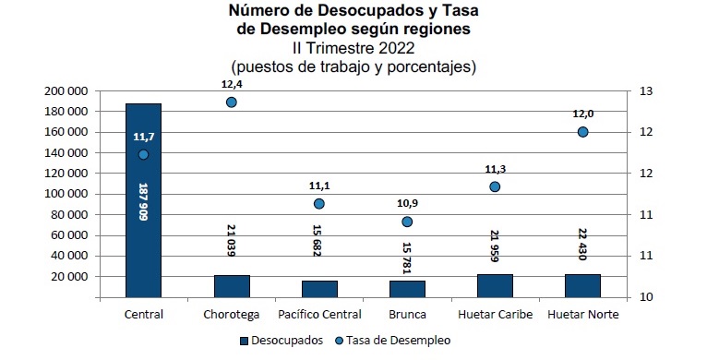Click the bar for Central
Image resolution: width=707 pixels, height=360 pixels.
pyautogui.click(x=143, y=231)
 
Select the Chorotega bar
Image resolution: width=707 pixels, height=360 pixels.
pyautogui.click(x=232, y=286)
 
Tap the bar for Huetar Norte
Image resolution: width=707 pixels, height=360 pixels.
pyautogui.click(x=582, y=285)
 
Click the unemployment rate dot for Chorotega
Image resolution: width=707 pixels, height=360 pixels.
pyautogui.click(x=232, y=102)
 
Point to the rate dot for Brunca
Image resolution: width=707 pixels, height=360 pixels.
pyautogui.click(x=407, y=222)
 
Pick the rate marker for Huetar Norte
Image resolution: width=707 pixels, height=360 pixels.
pyautogui.click(x=582, y=132)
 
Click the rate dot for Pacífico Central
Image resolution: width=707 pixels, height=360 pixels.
pyautogui.click(x=319, y=204)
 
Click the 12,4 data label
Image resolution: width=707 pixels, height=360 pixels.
pyautogui.click(x=232, y=84)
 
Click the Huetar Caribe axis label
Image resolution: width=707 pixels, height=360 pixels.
pyautogui.click(x=494, y=315)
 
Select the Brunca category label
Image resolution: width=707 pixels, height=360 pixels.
pyautogui.click(x=407, y=315)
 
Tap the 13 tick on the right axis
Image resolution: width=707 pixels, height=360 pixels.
pyautogui.click(x=645, y=91)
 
